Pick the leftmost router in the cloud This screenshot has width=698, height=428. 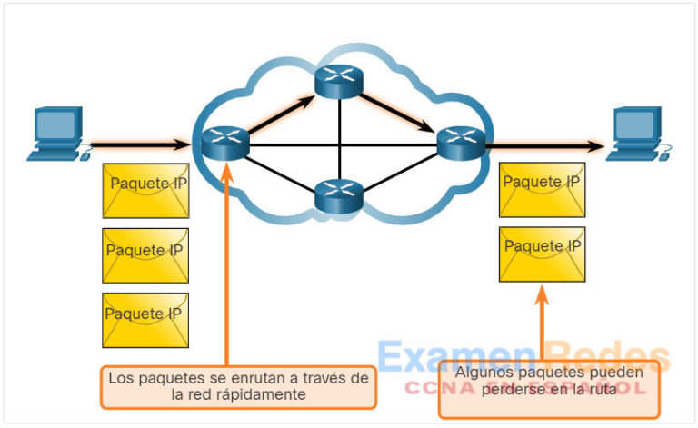click(x=219, y=141)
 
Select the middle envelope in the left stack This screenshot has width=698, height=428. click(x=145, y=255)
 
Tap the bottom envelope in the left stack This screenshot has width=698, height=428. click(x=145, y=319)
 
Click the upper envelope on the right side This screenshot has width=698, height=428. click(x=543, y=189)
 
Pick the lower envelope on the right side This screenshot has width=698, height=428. click(x=543, y=254)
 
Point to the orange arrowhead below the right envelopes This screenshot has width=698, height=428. click(x=543, y=295)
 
